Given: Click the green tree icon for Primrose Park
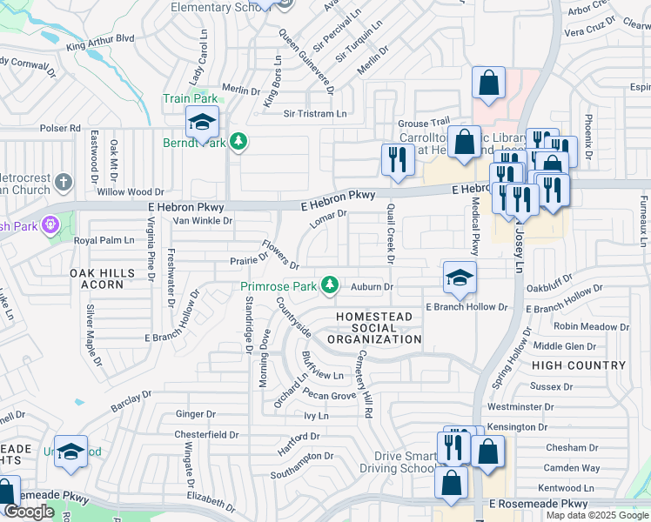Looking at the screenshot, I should click(x=329, y=284).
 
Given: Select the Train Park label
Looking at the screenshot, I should click(x=189, y=98).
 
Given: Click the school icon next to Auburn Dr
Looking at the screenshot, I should click(x=460, y=278).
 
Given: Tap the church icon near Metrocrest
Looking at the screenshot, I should click(x=62, y=182).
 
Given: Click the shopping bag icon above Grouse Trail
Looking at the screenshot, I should click(x=489, y=83).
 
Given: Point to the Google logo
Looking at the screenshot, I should click(x=29, y=512).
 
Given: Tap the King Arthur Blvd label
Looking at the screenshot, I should click(x=101, y=39).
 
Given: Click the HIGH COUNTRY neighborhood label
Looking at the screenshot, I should click(x=578, y=365).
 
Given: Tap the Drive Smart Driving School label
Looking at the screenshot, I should click(x=405, y=463).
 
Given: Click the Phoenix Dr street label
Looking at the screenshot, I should click(x=588, y=137).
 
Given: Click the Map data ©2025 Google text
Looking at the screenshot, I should click(x=596, y=515).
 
